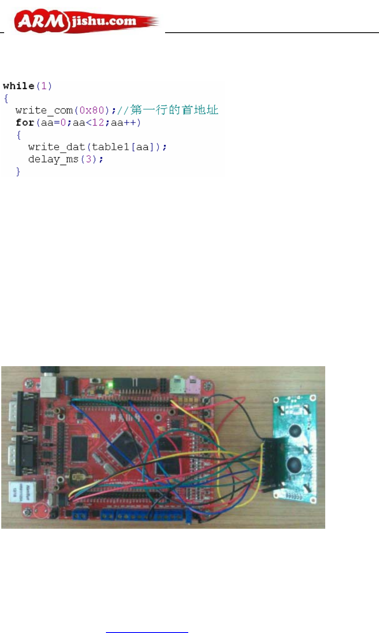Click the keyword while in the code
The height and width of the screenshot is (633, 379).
coord(19,86)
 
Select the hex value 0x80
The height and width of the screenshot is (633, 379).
coord(91,110)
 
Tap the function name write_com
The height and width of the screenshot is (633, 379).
coord(44,110)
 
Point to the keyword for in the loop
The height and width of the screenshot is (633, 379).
coord(24,123)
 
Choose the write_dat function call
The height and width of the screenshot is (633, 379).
coord(58,147)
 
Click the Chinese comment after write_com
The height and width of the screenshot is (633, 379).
coord(174,110)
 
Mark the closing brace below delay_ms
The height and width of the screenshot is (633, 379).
coord(18,172)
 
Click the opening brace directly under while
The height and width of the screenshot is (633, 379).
coord(6,98)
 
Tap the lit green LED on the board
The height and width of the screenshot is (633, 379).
coord(110,385)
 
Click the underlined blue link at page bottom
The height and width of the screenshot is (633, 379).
coord(147,629)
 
